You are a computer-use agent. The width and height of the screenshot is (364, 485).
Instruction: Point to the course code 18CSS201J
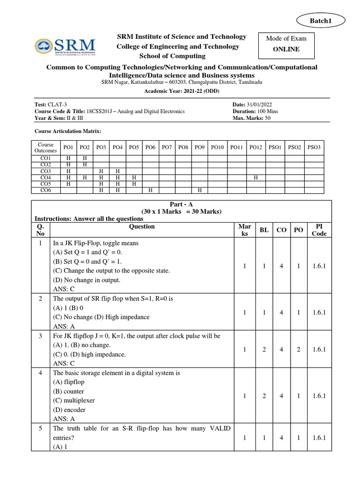[109, 111]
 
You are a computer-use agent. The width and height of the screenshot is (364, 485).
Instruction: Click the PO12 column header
[255, 147]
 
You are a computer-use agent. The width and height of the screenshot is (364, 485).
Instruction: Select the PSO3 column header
[314, 147]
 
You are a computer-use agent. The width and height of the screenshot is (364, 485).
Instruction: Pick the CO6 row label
[45, 190]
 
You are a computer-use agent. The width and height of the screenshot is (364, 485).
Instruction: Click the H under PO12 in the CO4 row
[255, 177]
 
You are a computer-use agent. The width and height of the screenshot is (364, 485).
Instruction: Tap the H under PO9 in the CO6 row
[200, 190]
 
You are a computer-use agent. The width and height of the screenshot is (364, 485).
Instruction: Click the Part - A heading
[182, 204]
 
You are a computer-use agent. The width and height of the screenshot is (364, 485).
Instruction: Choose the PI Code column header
[319, 230]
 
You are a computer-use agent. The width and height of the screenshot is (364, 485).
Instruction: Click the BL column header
[264, 230]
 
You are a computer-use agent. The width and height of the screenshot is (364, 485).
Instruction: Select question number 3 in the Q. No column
[42, 336]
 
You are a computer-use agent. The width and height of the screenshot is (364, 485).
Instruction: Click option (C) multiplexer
[74, 400]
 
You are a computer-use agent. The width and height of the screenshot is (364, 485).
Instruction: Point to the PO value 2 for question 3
[299, 350]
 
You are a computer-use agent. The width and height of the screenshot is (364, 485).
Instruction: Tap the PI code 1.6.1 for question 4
[319, 396]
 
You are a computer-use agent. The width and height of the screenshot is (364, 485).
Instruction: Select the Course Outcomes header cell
[45, 147]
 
